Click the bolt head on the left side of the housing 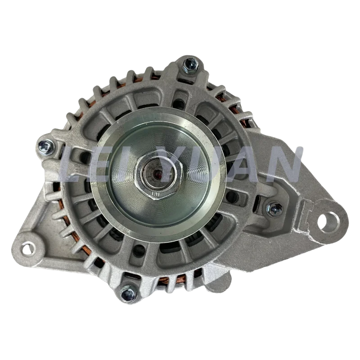click(45, 145)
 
